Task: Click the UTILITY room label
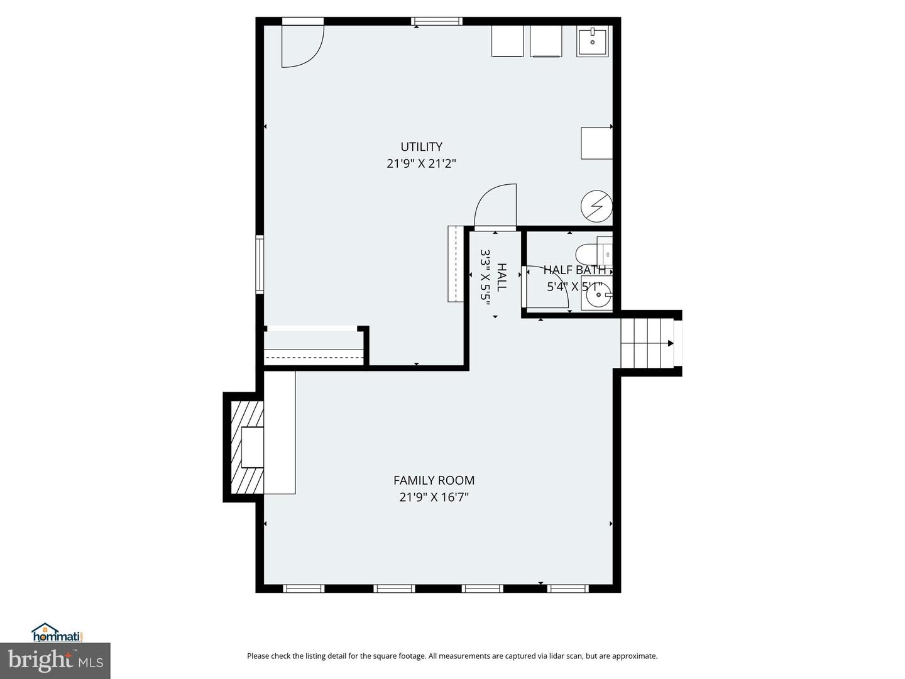click(421, 146)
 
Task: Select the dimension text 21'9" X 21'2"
click(421, 163)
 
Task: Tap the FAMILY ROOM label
click(434, 480)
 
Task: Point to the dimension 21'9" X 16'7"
click(434, 497)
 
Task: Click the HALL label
click(502, 277)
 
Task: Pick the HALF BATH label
click(574, 270)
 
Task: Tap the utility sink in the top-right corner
click(592, 41)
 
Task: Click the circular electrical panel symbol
click(596, 206)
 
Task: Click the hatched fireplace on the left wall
click(247, 447)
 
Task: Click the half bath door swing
click(546, 287)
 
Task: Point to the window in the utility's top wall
click(437, 22)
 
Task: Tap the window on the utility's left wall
click(260, 264)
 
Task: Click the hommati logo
click(57, 632)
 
